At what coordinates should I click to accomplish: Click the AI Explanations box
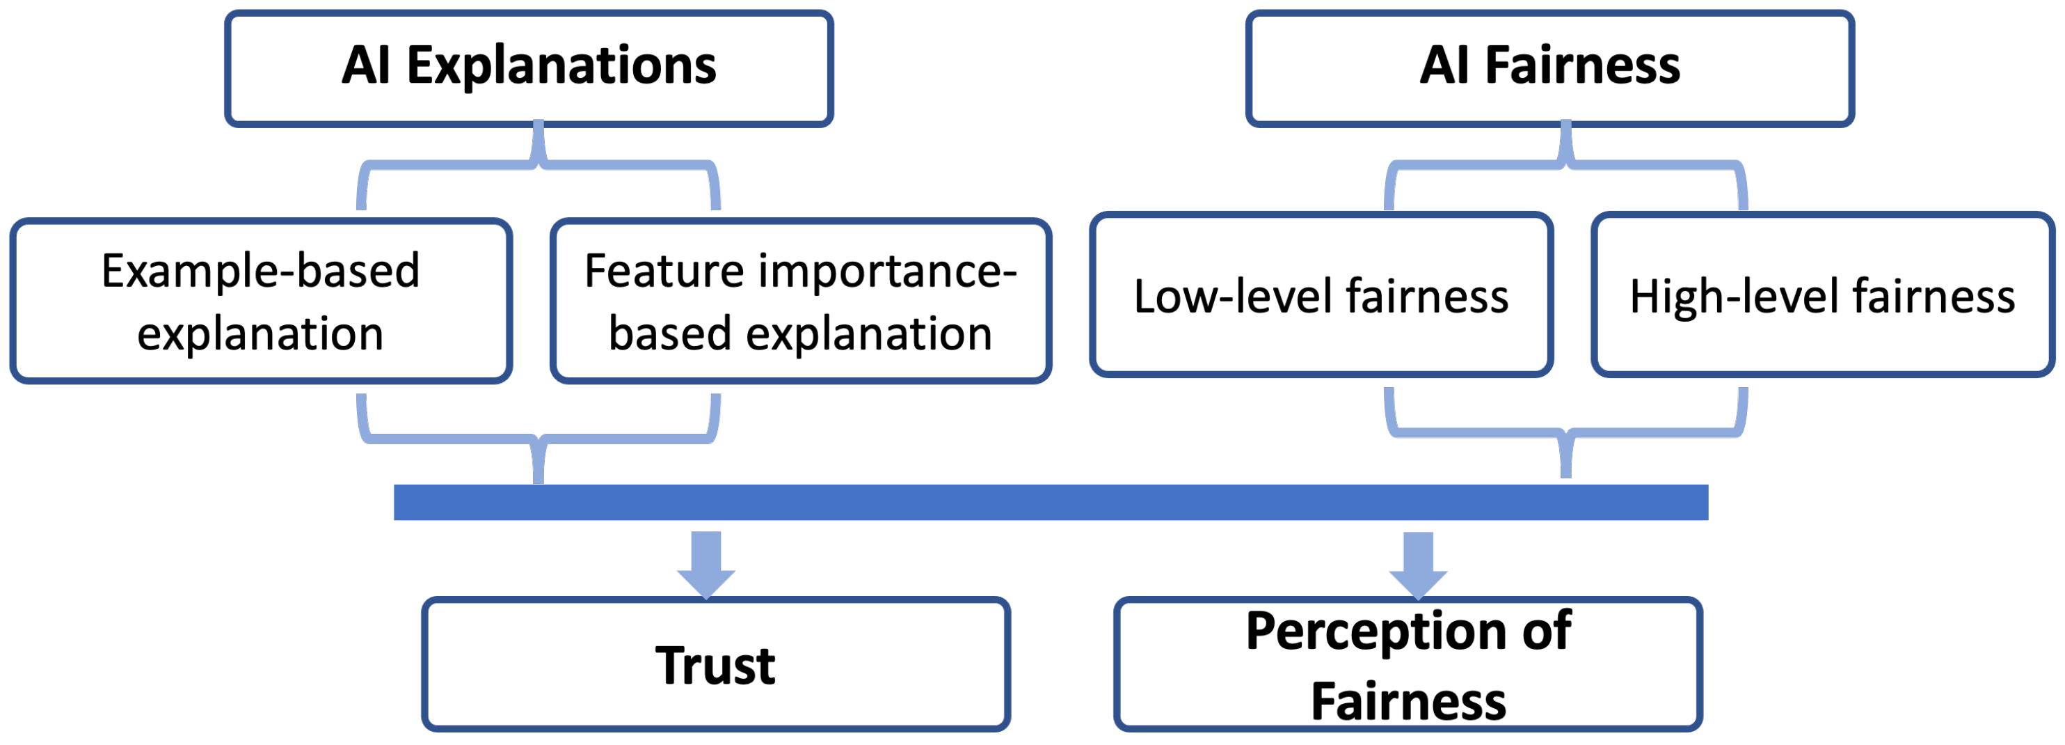pos(529,68)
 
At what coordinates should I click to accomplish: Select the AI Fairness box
pos(1549,68)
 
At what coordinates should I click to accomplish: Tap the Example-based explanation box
pos(260,301)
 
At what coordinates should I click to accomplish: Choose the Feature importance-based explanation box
pos(800,301)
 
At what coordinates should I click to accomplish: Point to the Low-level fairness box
pos(1321,295)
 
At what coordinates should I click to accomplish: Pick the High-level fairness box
pos(1822,295)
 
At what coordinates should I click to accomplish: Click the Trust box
pos(715,664)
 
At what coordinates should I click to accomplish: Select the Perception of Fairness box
pos(1408,664)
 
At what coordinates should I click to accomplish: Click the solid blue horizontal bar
pos(1050,502)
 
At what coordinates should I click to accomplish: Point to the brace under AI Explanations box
pos(538,165)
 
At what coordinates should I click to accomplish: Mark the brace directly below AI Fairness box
pos(1565,165)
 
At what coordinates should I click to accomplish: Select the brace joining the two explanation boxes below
pos(538,438)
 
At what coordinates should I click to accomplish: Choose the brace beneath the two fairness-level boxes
pos(1565,433)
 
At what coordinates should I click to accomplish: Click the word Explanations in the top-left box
pos(561,65)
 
